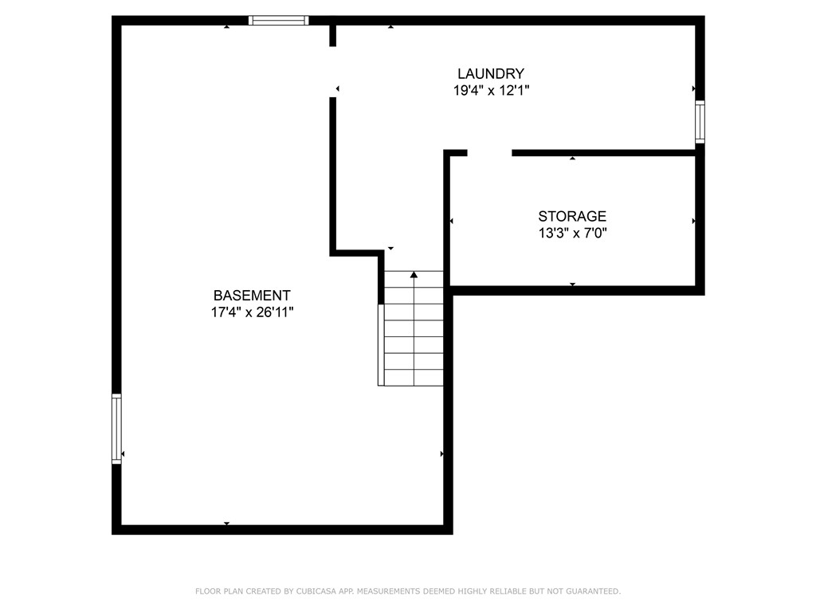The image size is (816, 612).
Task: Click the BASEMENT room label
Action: pyautogui.click(x=252, y=295)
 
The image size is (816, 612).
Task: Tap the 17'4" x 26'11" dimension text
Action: pyautogui.click(x=252, y=312)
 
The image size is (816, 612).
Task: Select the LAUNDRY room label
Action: pyautogui.click(x=491, y=74)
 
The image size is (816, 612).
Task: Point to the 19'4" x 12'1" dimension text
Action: pyautogui.click(x=491, y=91)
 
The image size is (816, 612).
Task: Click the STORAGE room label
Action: pyautogui.click(x=572, y=216)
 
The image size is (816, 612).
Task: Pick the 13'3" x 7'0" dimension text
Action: pyautogui.click(x=572, y=233)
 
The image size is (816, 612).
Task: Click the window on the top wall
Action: pyautogui.click(x=278, y=21)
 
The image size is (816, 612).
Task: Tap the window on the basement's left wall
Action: pyautogui.click(x=116, y=429)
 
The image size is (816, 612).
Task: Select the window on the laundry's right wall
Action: pyautogui.click(x=700, y=121)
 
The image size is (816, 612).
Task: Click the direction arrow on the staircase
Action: pyautogui.click(x=414, y=276)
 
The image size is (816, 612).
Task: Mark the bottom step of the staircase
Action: pyautogui.click(x=414, y=378)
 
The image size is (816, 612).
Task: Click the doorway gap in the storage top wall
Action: pyautogui.click(x=489, y=152)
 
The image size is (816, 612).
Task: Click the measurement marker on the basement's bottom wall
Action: pyautogui.click(x=227, y=523)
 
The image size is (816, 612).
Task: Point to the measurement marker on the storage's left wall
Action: pyautogui.click(x=452, y=221)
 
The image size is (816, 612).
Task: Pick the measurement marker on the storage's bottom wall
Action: pyautogui.click(x=572, y=284)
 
